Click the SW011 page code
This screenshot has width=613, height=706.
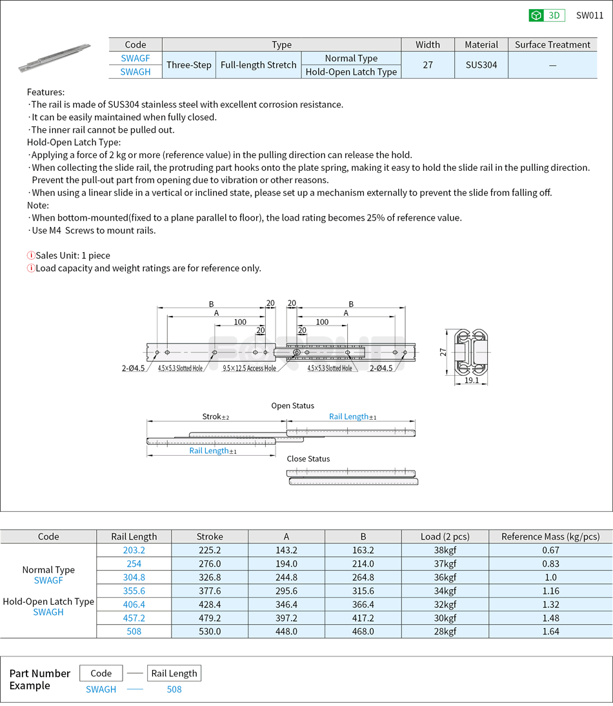pos(589,15)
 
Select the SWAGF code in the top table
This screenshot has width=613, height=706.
pos(136,58)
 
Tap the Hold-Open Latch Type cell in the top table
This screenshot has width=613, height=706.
pos(351,72)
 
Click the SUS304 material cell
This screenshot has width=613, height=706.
pos(481,65)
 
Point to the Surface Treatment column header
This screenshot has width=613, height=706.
pos(552,44)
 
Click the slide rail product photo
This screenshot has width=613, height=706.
pos(54,57)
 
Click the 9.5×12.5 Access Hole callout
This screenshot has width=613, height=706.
pos(249,368)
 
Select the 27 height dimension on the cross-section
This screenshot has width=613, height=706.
pos(443,352)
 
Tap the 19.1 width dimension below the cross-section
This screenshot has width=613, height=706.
pos(471,380)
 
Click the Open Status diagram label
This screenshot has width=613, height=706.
pos(292,406)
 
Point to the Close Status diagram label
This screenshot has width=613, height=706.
pos(308,458)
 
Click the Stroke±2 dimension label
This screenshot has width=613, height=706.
pos(216,417)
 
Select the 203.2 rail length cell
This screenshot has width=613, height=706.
pos(134,550)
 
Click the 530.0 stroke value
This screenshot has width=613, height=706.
pos(210,631)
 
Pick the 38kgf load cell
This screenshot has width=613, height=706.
pos(445,550)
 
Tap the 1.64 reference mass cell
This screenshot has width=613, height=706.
pos(550,631)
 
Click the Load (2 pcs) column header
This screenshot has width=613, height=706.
pos(445,536)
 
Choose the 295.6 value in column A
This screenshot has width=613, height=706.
pos(286,591)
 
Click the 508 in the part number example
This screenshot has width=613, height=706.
pos(174,689)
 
